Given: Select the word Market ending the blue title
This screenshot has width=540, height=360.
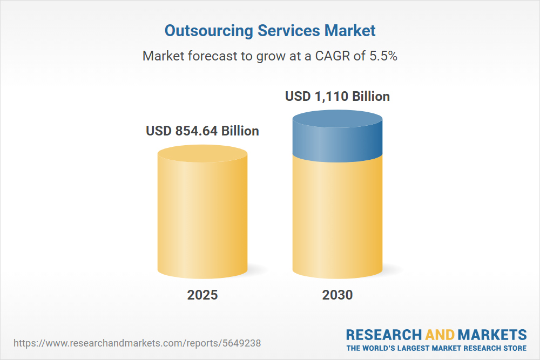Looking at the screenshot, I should (x=350, y=31).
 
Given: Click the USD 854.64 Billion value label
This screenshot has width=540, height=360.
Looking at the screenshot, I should (x=202, y=131).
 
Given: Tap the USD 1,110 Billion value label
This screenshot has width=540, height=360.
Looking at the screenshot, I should (x=337, y=97).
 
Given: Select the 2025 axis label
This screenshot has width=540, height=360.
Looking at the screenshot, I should (x=202, y=295).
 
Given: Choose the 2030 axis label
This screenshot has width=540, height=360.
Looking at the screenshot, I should (x=337, y=295).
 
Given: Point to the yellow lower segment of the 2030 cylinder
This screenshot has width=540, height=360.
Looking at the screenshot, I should (x=337, y=216).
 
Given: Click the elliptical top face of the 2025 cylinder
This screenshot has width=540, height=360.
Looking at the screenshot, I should (x=202, y=154).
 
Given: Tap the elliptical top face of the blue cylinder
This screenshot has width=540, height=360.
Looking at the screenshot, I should (x=337, y=120).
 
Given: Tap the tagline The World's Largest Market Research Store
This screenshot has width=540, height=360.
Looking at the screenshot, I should (x=436, y=348).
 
